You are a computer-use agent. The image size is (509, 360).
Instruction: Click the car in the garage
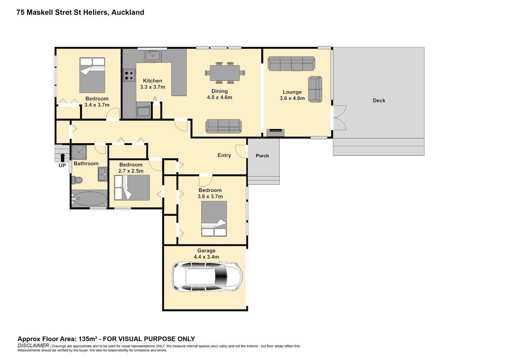click(207, 277)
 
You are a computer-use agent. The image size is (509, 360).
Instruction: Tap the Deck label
click(379, 101)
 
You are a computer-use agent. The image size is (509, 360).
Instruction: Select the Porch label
click(262, 156)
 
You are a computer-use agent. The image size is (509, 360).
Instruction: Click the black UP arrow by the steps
click(63, 157)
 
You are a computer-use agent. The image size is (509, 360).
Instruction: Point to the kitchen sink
click(152, 55)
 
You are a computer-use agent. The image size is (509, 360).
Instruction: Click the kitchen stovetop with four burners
click(129, 76)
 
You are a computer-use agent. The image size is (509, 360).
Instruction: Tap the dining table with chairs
click(225, 73)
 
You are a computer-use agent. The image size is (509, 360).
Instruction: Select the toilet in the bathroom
click(77, 180)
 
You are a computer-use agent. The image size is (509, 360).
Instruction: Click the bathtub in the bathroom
click(89, 198)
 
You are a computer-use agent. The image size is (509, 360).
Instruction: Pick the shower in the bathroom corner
click(79, 153)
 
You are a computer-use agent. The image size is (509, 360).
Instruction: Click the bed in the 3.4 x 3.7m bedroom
click(92, 76)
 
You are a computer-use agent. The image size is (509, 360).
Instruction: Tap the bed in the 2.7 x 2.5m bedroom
click(132, 188)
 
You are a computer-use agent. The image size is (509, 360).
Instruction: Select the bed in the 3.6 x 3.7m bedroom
click(214, 219)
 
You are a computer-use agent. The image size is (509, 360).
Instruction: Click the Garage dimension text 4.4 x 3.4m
click(206, 257)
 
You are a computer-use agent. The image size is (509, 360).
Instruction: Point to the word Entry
click(224, 156)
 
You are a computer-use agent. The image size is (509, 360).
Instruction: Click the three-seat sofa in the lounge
click(291, 64)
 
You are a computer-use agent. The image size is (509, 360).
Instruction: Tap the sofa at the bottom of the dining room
click(223, 126)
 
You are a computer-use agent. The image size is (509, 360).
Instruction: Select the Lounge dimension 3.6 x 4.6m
click(292, 98)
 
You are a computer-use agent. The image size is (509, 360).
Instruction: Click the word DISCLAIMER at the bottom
click(33, 346)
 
